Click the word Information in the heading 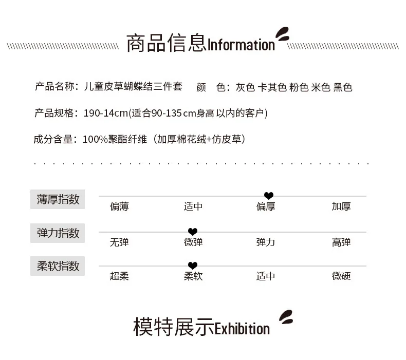click(241, 45)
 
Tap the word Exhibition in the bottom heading click(242, 329)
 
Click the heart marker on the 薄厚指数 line click(269, 196)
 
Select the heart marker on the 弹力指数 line click(193, 232)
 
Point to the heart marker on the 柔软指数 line click(193, 266)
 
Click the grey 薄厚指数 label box click(58, 199)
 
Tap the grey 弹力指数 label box click(58, 233)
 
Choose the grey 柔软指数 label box click(58, 266)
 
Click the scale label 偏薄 click(119, 206)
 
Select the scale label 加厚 click(341, 206)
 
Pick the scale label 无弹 click(119, 242)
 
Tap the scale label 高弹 click(341, 242)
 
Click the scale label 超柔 click(119, 276)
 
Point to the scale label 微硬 click(341, 276)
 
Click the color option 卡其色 click(272, 87)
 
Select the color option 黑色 click(343, 87)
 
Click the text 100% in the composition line click(95, 140)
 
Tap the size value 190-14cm click(106, 113)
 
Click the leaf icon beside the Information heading click(283, 34)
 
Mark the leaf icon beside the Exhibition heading click(286, 317)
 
